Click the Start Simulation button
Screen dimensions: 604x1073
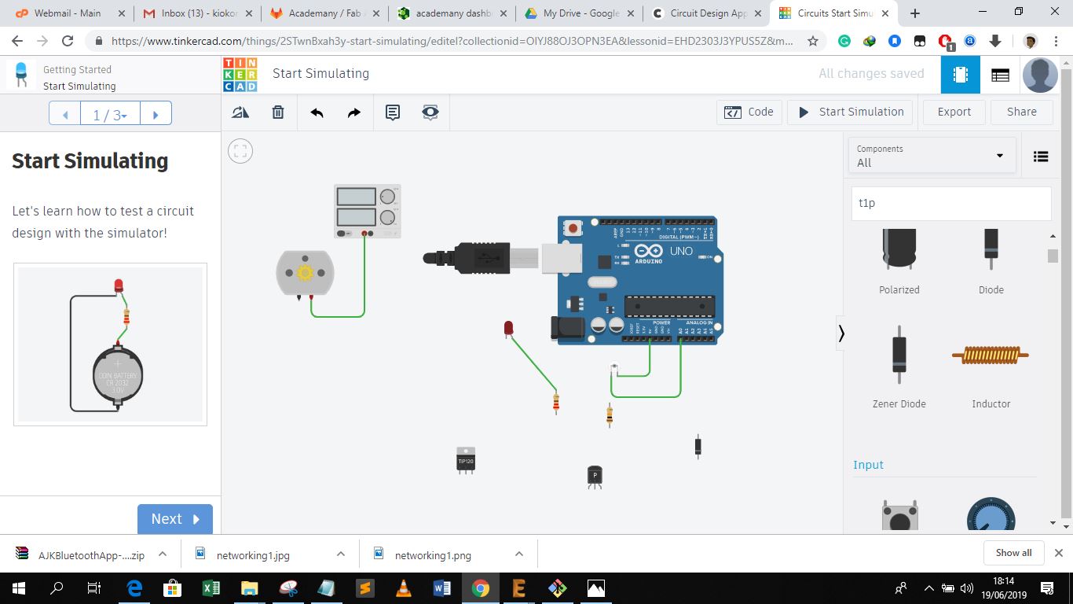tap(851, 112)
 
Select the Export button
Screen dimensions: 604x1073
tap(954, 112)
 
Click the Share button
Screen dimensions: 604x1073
tap(1021, 112)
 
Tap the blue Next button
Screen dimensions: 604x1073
tap(174, 519)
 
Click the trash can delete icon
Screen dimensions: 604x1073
tap(278, 112)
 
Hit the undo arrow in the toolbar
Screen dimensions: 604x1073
tap(317, 112)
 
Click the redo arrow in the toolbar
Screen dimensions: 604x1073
tap(354, 112)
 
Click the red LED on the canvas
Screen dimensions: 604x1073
tap(508, 328)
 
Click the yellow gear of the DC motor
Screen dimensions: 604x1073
tap(306, 273)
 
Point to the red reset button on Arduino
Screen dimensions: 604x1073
tap(573, 228)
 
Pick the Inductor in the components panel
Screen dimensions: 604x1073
tap(991, 356)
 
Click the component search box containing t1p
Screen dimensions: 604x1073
tap(951, 203)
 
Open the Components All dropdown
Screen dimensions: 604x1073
tap(932, 156)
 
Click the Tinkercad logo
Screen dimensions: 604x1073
tap(240, 74)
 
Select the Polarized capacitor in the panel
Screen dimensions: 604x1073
tap(899, 249)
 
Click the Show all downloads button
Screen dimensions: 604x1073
tap(1013, 553)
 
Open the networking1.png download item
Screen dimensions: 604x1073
tap(433, 555)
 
